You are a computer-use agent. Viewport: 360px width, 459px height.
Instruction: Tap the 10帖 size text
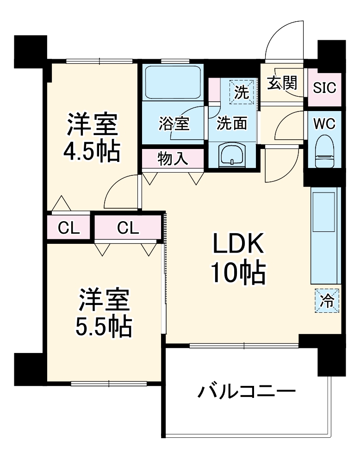(238, 273)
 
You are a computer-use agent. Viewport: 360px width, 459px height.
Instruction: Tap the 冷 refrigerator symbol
(327, 300)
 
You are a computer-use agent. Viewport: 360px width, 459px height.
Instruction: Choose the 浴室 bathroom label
(174, 124)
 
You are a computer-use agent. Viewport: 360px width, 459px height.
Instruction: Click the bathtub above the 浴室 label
(172, 82)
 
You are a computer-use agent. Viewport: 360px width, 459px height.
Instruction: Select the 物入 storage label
(173, 159)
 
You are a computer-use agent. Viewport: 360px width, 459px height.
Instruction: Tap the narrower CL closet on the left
(69, 227)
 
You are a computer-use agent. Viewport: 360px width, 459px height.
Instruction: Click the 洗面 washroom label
(232, 124)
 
